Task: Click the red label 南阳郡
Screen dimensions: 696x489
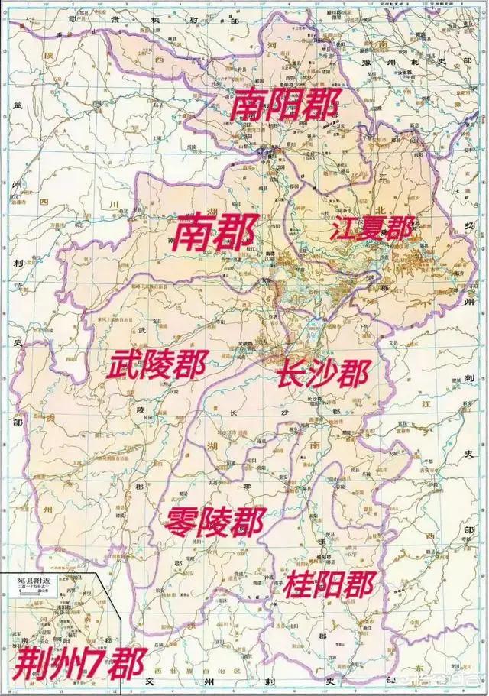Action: (x=284, y=105)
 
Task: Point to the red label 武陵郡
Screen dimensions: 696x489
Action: (x=156, y=367)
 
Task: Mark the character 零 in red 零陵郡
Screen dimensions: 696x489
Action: (x=179, y=523)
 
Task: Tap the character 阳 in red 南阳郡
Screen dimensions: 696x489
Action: (x=284, y=105)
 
